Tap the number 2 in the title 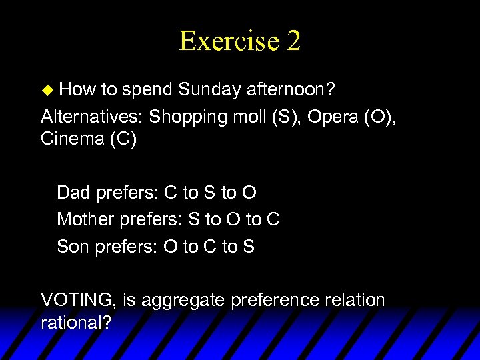(293, 41)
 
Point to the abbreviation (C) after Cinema (124, 141)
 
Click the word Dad (74, 193)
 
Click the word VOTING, (79, 300)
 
